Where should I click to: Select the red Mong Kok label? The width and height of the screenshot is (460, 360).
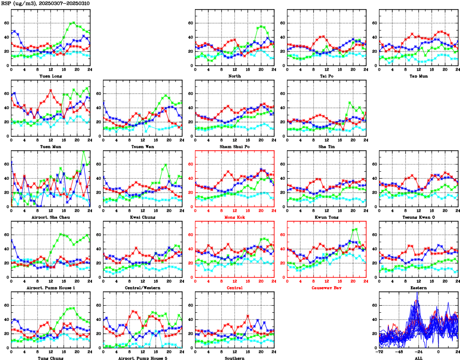(x=234, y=217)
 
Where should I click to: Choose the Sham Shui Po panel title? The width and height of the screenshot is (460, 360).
(x=234, y=146)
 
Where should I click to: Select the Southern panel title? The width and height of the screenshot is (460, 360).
(x=234, y=358)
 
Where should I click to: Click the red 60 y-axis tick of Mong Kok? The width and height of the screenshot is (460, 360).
(x=190, y=165)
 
